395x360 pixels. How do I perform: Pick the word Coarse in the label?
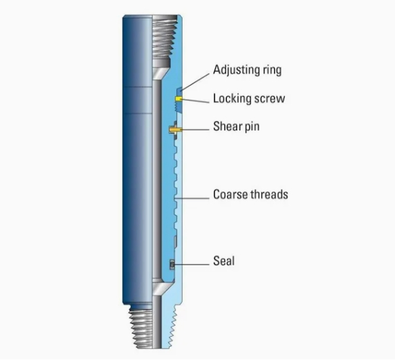click(228, 194)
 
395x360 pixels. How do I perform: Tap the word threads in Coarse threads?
click(267, 194)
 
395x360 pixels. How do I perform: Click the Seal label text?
click(223, 261)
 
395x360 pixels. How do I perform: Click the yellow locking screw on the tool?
click(178, 99)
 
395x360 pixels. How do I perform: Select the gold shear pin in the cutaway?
click(175, 130)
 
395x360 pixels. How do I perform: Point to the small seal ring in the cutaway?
click(172, 265)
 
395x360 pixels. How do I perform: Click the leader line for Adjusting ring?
click(195, 82)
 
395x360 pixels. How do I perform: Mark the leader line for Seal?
click(191, 265)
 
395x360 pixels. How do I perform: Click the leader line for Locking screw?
click(194, 101)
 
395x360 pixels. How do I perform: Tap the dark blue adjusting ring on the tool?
click(179, 100)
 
